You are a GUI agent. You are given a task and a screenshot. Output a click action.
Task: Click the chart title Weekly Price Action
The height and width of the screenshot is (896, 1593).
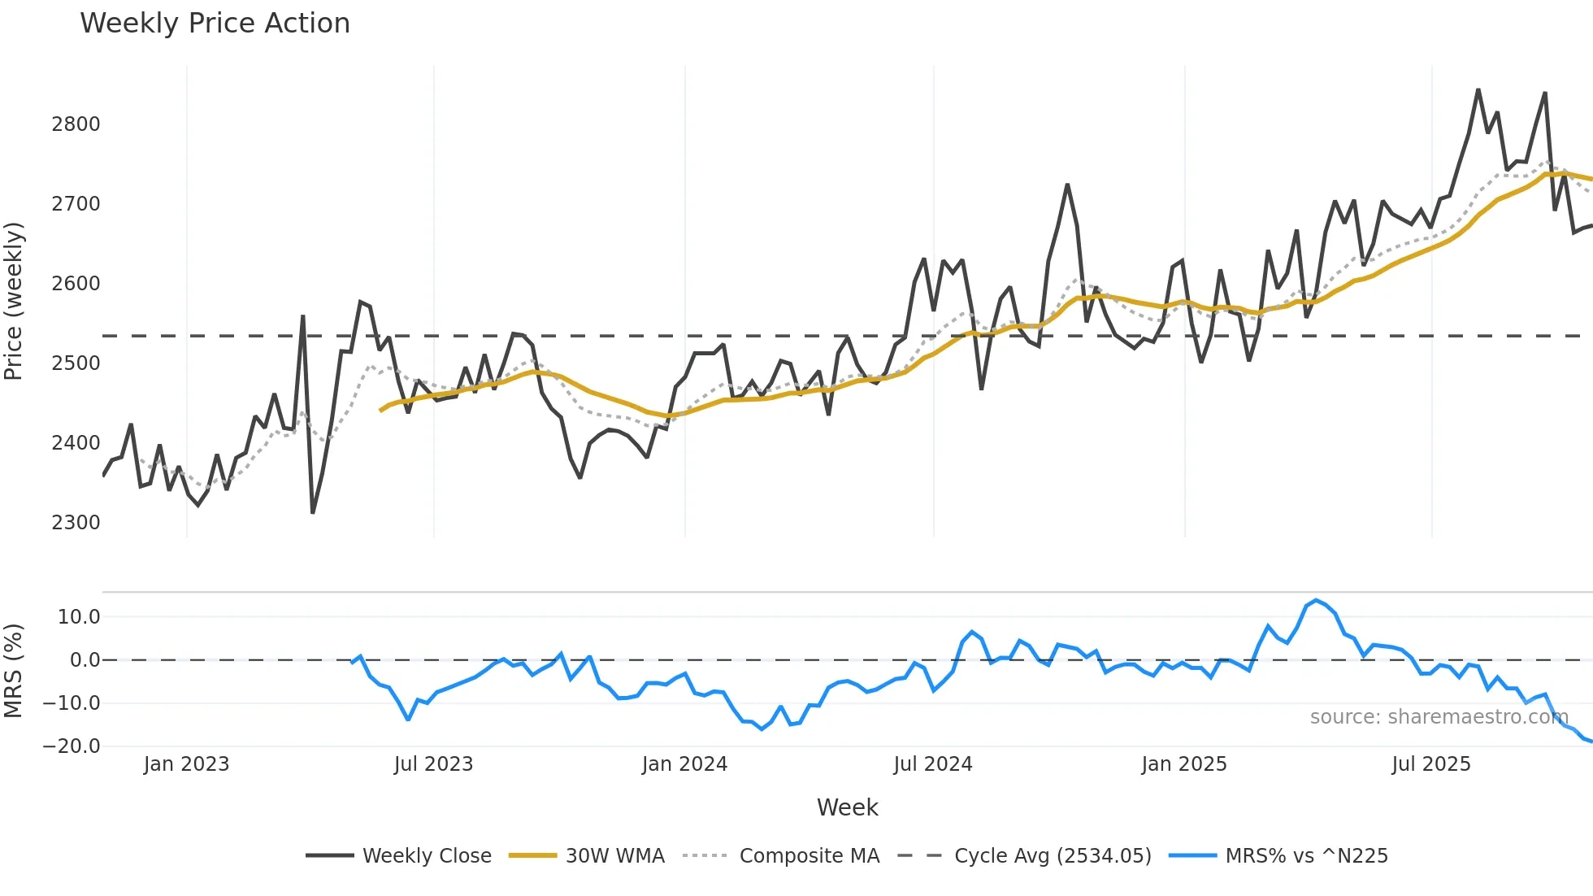[215, 23]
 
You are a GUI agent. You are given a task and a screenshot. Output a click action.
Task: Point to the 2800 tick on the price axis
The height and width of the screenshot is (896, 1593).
[76, 124]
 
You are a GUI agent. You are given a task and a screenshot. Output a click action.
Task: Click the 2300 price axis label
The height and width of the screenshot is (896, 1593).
[76, 523]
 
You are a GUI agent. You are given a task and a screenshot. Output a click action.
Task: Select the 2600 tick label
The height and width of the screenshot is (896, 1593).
[76, 284]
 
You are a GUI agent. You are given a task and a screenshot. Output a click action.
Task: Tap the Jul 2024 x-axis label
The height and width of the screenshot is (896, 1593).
[932, 764]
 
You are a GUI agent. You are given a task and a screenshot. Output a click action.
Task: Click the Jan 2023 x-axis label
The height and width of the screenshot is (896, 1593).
[186, 764]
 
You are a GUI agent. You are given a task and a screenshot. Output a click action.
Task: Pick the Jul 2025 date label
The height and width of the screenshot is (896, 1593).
[1430, 764]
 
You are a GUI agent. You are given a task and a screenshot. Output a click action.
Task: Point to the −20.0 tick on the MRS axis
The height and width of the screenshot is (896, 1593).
[72, 746]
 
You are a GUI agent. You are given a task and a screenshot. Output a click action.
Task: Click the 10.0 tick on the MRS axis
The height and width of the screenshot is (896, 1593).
[78, 617]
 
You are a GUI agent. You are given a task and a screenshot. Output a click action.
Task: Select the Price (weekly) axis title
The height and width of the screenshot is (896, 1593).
[14, 301]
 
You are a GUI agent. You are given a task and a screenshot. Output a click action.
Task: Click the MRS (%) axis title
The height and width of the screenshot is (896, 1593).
[14, 671]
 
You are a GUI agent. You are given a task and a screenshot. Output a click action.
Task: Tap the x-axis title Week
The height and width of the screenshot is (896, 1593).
[847, 807]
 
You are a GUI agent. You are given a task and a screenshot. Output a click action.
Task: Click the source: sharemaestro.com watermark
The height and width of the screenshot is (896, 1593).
[1439, 717]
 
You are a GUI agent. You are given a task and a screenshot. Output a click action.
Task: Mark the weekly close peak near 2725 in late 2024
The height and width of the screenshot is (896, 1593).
[1067, 185]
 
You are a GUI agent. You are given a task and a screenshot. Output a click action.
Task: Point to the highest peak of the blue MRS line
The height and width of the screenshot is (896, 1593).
[1316, 601]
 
